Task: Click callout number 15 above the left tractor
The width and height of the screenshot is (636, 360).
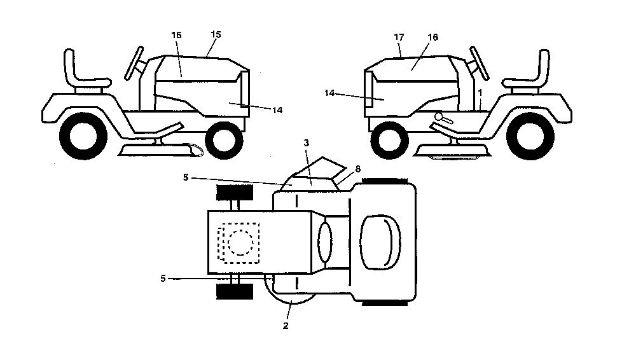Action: pyautogui.click(x=216, y=34)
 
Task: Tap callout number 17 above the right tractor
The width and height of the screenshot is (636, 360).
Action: pyautogui.click(x=399, y=37)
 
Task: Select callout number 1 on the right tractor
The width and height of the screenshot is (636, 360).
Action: pyautogui.click(x=480, y=93)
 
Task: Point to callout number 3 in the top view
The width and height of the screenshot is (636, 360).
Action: pyautogui.click(x=307, y=143)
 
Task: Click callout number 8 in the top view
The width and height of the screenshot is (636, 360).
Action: pyautogui.click(x=357, y=169)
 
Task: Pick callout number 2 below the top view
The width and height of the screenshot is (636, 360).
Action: pyautogui.click(x=286, y=326)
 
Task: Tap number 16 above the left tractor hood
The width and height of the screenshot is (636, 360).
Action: pyautogui.click(x=176, y=36)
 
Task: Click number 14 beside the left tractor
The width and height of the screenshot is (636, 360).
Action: pyautogui.click(x=277, y=110)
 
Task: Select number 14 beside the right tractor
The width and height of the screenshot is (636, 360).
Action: pyautogui.click(x=329, y=93)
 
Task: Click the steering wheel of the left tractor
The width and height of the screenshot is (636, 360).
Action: pyautogui.click(x=134, y=64)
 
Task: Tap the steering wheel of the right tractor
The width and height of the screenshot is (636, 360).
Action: pyautogui.click(x=480, y=64)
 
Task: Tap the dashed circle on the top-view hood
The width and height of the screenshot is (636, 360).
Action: pyautogui.click(x=240, y=243)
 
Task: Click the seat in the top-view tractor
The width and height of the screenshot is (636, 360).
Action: pyautogui.click(x=380, y=242)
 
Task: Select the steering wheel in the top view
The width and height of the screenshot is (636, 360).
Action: pyautogui.click(x=324, y=242)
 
